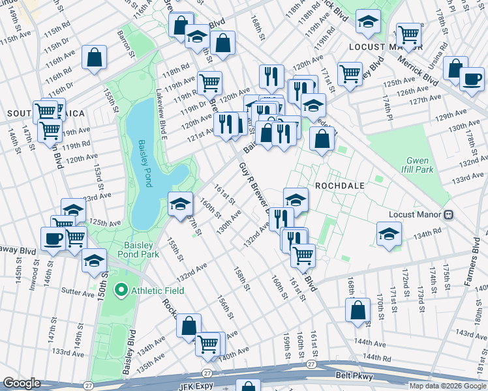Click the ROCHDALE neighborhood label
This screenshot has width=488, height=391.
(339, 185)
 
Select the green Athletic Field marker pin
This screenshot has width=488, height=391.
(120, 290)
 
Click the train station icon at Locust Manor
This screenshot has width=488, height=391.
(448, 214)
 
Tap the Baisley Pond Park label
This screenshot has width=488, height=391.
(138, 250)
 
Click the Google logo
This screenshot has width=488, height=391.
(22, 383)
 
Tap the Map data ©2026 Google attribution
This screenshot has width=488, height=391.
(448, 386)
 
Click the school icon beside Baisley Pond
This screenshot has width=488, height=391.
(181, 203)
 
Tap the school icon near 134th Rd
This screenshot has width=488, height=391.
(389, 233)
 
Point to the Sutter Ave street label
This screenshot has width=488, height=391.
(78, 291)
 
